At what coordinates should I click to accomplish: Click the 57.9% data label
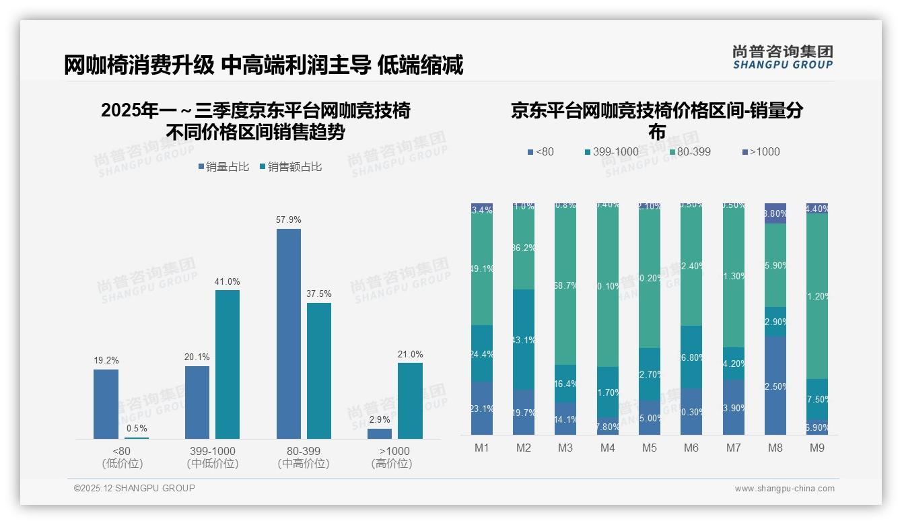[288, 220]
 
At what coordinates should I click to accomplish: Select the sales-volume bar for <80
[106, 404]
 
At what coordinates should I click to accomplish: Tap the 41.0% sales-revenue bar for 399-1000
[228, 364]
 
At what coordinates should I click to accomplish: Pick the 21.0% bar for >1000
[410, 400]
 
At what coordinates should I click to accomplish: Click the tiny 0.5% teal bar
[137, 438]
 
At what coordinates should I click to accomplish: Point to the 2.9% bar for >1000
[380, 433]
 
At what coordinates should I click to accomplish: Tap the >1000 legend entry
[761, 152]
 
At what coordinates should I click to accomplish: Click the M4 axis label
[608, 448]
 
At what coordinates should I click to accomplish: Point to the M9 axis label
[817, 448]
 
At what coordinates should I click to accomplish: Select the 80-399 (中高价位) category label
[303, 457]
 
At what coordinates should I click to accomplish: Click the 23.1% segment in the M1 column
[482, 409]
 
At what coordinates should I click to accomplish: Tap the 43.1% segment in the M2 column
[524, 340]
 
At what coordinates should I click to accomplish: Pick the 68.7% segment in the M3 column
[565, 285]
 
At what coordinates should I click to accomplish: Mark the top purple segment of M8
[775, 213]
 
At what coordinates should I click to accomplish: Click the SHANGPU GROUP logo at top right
[783, 57]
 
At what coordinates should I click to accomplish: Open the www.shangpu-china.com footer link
[784, 489]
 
